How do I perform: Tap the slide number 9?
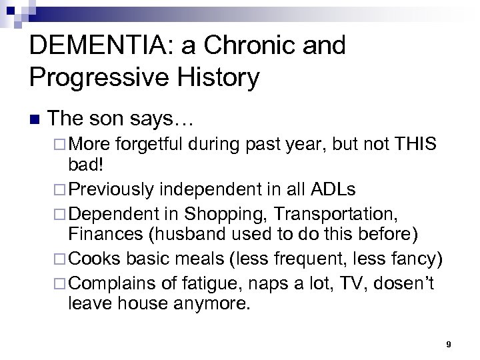449,343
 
